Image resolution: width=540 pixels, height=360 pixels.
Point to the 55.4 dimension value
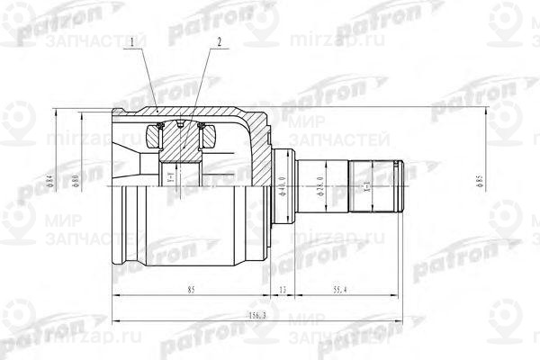[x=339, y=291]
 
